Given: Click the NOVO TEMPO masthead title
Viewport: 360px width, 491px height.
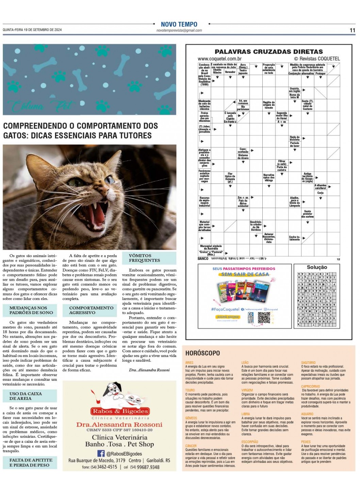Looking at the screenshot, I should coord(179,24).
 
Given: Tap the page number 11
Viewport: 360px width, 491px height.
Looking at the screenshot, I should coord(352,30).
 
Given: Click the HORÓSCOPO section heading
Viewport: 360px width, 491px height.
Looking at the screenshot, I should coord(202,353).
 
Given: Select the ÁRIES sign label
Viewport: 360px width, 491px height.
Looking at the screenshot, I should coord(189,363).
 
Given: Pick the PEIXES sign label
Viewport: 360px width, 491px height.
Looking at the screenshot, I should coord(306,442).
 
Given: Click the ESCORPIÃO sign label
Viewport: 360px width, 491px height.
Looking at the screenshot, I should coord(250,442).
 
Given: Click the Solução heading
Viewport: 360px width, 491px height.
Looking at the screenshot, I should coord(317,267).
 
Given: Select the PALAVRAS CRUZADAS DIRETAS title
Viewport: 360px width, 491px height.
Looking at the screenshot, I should coord(268,52).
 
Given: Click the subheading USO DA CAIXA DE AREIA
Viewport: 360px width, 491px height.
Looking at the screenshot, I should coord(26,396).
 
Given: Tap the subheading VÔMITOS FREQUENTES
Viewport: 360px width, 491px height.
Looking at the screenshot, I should coord(144,258).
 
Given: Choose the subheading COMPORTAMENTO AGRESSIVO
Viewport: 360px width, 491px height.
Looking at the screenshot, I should coord(91,310).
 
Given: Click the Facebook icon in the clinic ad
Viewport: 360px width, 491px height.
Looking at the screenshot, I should coord(101,453).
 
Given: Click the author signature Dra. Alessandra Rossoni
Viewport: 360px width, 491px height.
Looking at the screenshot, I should coord(149,370).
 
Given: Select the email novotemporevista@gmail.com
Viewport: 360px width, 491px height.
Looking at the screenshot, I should coord(179,30).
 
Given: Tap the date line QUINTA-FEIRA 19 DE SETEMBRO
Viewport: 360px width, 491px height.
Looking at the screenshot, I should coord(32,30).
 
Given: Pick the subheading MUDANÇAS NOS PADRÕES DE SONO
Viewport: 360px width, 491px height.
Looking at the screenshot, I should coord(31,310).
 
